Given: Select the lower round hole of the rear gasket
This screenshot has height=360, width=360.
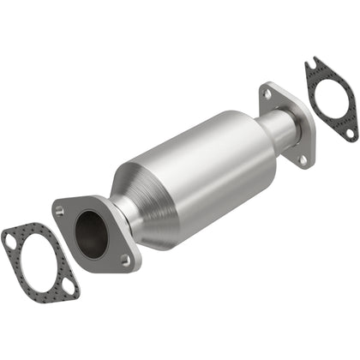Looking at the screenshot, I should [x=350, y=132].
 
